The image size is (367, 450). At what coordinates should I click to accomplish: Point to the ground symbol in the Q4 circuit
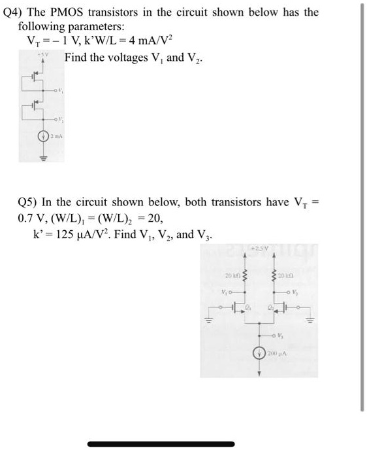[x=44, y=158]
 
